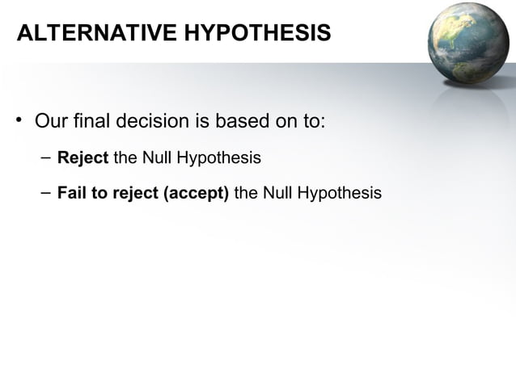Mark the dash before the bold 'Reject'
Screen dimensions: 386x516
click(44, 157)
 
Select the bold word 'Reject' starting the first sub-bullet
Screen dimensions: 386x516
click(82, 157)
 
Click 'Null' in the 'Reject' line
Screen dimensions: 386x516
click(156, 157)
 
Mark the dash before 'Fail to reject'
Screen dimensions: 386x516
click(44, 193)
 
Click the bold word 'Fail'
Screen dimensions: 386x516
click(70, 194)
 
